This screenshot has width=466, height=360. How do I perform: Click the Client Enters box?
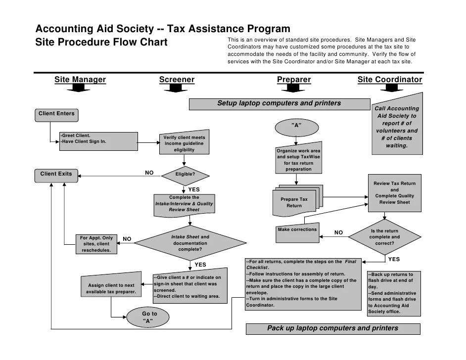[x=56, y=114]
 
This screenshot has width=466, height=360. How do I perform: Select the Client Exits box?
[x=56, y=174]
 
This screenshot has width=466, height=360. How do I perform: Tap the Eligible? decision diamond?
[x=185, y=175]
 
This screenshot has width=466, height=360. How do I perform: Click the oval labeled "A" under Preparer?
[x=296, y=126]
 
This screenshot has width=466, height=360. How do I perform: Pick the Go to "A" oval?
[x=149, y=317]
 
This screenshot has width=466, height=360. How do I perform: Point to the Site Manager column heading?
[x=80, y=80]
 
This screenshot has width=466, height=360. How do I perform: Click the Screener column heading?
[x=177, y=80]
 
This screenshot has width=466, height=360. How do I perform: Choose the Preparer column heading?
[x=294, y=80]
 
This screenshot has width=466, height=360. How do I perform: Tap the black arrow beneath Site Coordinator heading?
[x=390, y=89]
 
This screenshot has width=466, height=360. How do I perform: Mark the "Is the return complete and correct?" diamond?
[x=384, y=237]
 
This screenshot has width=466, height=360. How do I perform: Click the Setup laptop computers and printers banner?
[x=279, y=104]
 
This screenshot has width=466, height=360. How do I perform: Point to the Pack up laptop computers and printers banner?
[x=332, y=328]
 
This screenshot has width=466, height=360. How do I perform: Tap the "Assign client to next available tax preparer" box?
[x=111, y=288]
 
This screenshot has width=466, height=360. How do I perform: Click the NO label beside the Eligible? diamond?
[x=149, y=173]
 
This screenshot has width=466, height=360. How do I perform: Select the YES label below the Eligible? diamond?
[x=194, y=189]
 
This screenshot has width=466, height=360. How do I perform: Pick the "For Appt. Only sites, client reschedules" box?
[x=96, y=244]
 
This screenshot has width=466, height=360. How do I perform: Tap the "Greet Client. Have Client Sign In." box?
[x=98, y=140]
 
